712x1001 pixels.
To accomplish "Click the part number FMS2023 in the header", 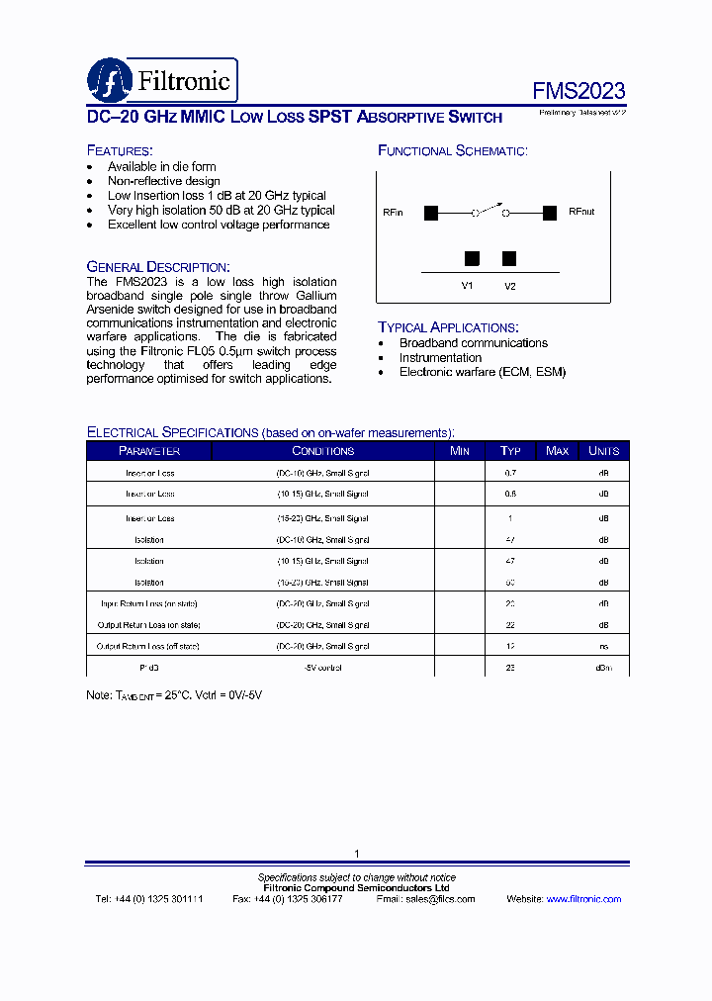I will click(578, 91).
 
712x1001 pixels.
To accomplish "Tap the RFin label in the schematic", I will click(393, 213).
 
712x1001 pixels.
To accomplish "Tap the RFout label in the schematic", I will click(581, 213).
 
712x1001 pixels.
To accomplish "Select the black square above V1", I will click(472, 259).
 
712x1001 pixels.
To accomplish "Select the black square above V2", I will click(509, 259).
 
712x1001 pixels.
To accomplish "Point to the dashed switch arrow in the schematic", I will click(490, 206).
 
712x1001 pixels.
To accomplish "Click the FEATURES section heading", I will click(119, 150).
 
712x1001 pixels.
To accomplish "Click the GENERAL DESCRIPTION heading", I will click(158, 267).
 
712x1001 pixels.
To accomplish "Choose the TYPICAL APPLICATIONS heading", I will click(448, 327).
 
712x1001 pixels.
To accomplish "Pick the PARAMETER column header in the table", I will click(149, 451).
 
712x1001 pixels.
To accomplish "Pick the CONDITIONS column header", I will click(322, 451).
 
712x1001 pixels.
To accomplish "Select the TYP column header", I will click(510, 451).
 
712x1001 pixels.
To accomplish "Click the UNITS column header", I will click(603, 451).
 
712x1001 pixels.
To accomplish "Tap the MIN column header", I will click(460, 451).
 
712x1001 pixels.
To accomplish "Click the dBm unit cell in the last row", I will click(603, 669).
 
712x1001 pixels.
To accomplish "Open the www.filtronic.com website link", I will click(583, 899).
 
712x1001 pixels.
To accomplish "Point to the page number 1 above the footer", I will click(356, 854).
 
